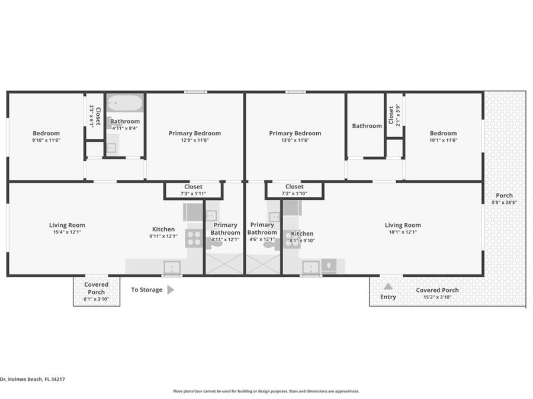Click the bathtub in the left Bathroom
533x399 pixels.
(124, 102)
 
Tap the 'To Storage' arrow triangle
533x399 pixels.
(171, 290)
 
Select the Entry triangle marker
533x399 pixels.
(388, 287)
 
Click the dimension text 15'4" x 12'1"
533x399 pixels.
(67, 232)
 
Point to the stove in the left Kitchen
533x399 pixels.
(194, 238)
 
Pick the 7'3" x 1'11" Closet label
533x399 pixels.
(193, 190)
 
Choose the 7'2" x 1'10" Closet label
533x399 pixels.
(294, 190)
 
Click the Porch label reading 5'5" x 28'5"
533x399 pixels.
(504, 199)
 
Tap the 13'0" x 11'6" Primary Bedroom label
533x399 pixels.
(295, 137)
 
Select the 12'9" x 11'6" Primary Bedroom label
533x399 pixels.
(195, 137)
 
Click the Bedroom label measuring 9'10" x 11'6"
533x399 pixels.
(46, 137)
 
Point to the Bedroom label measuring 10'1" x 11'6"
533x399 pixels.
(443, 137)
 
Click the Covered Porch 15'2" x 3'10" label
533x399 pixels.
(437, 293)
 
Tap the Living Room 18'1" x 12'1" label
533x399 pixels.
(403, 228)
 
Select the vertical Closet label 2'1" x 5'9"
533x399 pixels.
(394, 115)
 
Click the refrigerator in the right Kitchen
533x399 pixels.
(329, 266)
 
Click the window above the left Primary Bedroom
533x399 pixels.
(195, 92)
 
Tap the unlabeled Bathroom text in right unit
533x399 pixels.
(367, 126)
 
